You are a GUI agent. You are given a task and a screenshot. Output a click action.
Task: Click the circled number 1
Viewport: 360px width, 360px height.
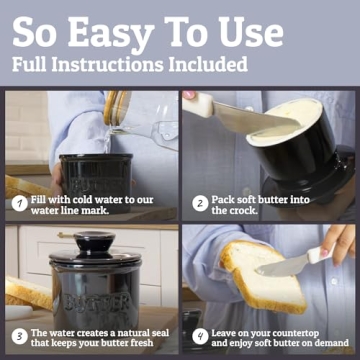(19, 203)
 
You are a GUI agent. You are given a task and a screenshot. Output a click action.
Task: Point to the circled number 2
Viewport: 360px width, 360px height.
(199, 203)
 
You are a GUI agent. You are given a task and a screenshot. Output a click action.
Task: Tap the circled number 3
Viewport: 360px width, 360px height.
(19, 335)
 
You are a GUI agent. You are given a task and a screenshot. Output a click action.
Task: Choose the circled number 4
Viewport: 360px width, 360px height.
(199, 335)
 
